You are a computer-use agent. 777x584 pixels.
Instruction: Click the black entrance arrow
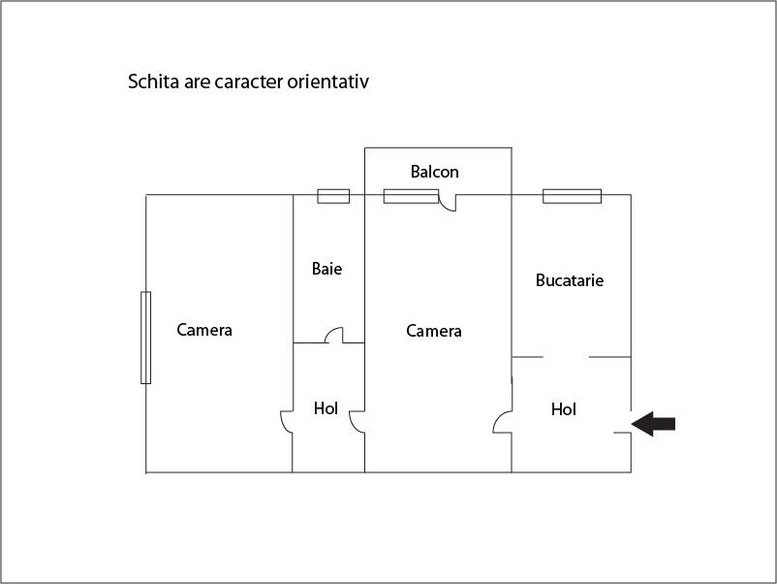[653, 424]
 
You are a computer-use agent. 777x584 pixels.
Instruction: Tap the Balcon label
[435, 172]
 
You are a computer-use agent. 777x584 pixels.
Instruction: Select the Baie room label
[326, 269]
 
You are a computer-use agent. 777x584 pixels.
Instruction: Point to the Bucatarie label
[570, 280]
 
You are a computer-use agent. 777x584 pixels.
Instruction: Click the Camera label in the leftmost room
[204, 330]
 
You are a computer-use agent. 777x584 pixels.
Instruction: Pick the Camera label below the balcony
[434, 331]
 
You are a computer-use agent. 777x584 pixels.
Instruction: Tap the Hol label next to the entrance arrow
[564, 409]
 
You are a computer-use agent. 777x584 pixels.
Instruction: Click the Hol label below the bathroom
[326, 408]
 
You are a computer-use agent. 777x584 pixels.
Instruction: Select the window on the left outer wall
[145, 338]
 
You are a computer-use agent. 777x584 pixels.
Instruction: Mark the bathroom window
[333, 196]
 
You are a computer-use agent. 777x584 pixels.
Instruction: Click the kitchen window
[572, 196]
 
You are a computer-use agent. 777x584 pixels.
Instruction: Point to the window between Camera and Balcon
[412, 196]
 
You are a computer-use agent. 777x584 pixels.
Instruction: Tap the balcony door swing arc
[448, 203]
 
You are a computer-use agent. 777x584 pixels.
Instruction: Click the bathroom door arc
[334, 335]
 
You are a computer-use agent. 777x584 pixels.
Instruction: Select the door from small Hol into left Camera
[287, 422]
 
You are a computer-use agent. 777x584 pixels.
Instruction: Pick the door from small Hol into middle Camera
[357, 422]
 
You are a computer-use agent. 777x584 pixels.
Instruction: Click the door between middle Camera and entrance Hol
[503, 422]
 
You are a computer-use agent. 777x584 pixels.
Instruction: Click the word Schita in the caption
[154, 81]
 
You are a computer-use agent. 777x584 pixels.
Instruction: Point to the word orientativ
[328, 81]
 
